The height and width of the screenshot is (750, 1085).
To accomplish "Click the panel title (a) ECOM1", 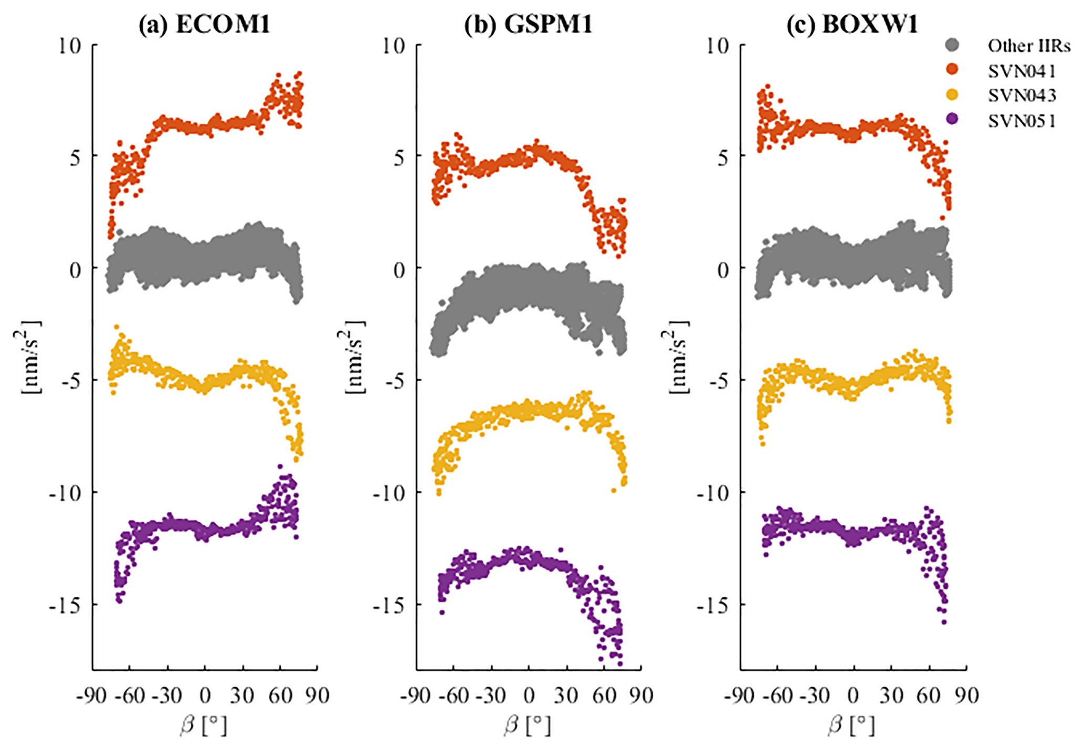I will click(x=204, y=24).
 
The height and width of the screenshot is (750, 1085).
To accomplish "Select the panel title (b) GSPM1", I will click(x=528, y=24).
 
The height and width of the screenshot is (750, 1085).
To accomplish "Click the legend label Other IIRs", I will click(x=1029, y=46).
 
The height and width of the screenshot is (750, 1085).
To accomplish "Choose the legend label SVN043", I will click(x=1021, y=96).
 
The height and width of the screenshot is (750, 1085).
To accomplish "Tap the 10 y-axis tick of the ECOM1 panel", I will click(x=70, y=46).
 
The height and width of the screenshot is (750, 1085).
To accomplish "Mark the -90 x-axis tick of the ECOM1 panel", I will click(x=92, y=696).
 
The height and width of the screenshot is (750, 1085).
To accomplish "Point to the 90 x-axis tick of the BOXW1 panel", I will click(x=966, y=696).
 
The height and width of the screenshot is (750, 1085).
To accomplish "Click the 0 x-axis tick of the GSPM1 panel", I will click(x=529, y=696).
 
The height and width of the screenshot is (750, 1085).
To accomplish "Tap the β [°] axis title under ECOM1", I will click(x=204, y=726).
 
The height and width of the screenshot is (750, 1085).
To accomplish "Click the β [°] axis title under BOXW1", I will click(x=852, y=726).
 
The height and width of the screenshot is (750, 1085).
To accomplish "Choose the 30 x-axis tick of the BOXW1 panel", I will click(x=891, y=696).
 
